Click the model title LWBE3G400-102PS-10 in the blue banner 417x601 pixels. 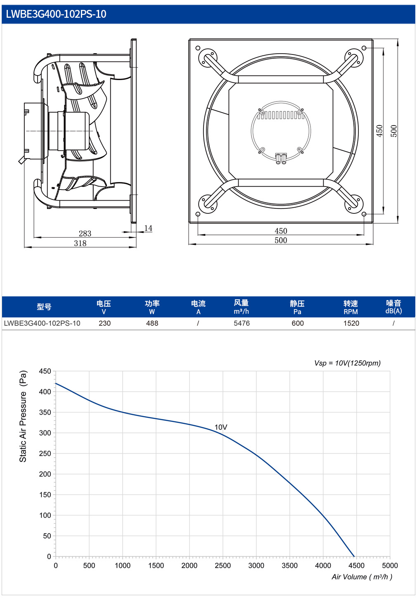(56, 14)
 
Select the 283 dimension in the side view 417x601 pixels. (85, 233)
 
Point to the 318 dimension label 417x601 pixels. (80, 243)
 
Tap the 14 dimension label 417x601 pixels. (148, 228)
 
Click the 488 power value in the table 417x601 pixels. (152, 323)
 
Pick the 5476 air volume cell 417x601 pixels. (242, 323)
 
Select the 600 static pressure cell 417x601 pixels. (298, 323)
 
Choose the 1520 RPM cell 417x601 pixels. (351, 323)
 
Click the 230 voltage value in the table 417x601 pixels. (104, 323)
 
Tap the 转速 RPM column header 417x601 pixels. (351, 307)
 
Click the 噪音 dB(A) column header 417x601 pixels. (393, 307)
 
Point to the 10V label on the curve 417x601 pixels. (221, 427)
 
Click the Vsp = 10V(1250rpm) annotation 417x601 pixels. (348, 363)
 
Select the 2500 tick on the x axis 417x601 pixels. (223, 566)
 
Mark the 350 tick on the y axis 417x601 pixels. (45, 412)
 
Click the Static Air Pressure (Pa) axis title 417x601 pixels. (23, 416)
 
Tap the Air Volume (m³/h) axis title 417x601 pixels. (362, 577)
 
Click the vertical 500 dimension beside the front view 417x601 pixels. (393, 131)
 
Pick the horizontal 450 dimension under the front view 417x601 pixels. (281, 231)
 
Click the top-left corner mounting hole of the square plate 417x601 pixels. (198, 48)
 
